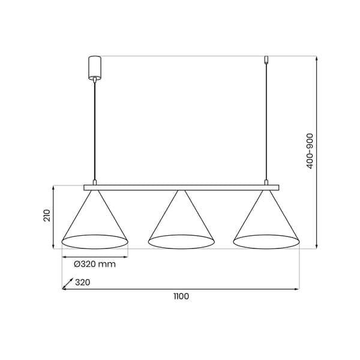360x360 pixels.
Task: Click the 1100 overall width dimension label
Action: point(181,296)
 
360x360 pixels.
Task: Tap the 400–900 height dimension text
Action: point(310,151)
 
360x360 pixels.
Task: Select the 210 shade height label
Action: point(47,215)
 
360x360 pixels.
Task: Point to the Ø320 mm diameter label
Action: point(95,264)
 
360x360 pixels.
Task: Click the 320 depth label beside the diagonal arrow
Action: point(83,282)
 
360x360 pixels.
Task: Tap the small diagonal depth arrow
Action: point(68,283)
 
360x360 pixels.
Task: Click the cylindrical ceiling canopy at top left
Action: point(95,68)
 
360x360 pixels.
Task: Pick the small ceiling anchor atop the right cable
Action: point(266,59)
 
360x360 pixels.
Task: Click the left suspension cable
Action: point(95,131)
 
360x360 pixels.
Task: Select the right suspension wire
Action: point(266,122)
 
